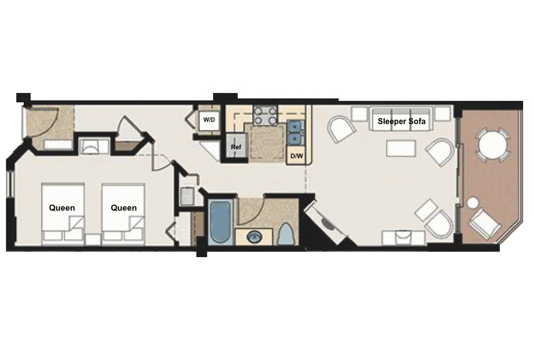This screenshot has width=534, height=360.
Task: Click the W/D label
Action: [209, 120]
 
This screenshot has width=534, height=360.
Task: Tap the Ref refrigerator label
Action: [236, 147]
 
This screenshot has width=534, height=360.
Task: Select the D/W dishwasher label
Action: [297, 156]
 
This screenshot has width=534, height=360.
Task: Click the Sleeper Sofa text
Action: [401, 121]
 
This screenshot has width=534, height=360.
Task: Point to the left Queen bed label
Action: [62, 208]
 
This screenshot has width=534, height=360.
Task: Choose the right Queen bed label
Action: [124, 208]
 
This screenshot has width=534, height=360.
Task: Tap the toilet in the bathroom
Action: [286, 234]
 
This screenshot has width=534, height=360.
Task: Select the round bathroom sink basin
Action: [254, 236]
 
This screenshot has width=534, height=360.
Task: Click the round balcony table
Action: [493, 144]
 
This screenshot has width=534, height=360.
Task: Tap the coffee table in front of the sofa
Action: [401, 148]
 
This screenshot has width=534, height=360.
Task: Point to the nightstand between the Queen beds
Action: [93, 239]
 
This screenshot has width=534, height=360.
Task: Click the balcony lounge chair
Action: [484, 224]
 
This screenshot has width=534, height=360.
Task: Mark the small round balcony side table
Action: [473, 203]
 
